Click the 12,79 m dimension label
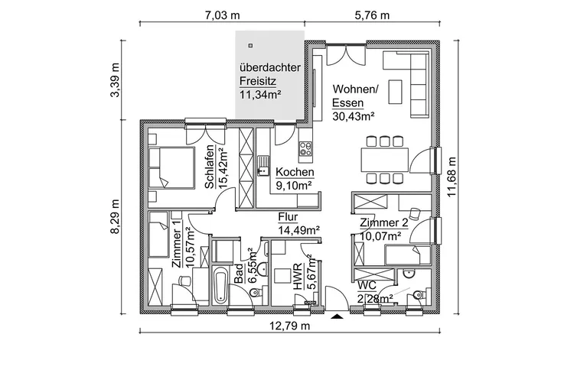289,326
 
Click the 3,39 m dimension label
116,79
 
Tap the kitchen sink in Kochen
264,162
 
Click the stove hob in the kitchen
305,146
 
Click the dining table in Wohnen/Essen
383,159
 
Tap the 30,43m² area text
354,117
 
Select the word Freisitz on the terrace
256,81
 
